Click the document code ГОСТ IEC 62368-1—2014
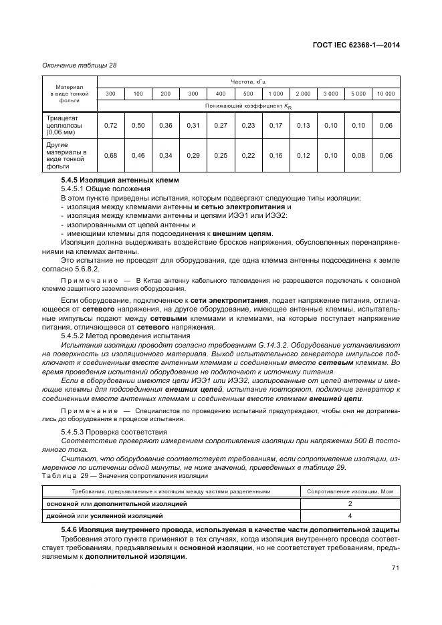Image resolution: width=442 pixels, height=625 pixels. click(362, 45)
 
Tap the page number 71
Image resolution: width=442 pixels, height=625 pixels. click(395, 568)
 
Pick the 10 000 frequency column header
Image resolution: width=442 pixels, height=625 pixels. click(386, 94)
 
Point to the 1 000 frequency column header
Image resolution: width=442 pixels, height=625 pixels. click(275, 94)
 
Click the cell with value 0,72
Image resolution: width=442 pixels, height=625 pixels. click(111, 125)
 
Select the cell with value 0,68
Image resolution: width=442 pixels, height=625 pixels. click(111, 156)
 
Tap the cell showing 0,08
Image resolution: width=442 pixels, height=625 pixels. click(358, 156)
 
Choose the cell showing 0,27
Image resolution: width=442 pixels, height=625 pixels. click(221, 125)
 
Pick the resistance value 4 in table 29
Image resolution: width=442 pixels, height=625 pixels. click(350, 516)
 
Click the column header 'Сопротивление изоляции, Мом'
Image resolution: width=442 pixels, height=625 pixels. click(350, 491)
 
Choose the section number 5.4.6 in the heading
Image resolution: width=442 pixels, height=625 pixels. click(71, 529)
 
